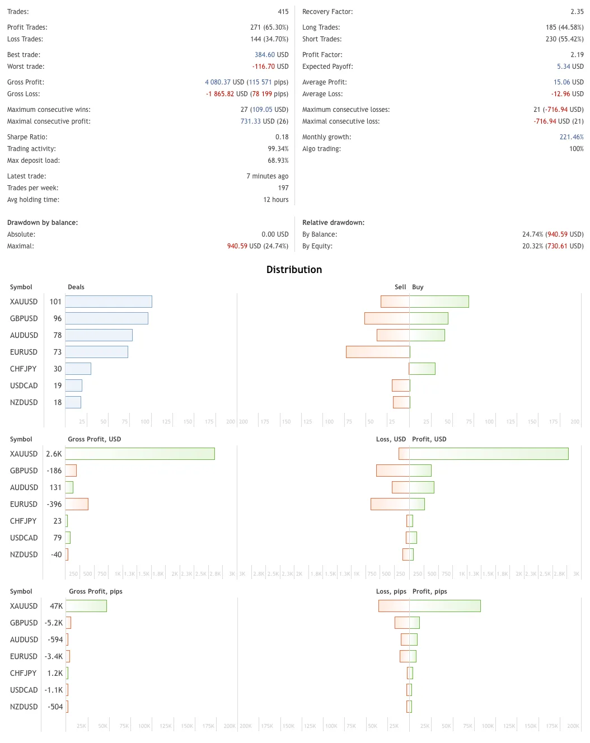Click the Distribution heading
[294, 270]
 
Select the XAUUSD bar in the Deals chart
[109, 302]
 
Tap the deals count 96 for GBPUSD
[58, 318]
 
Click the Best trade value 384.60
[265, 55]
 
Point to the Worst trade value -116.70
[264, 67]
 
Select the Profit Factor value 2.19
[577, 55]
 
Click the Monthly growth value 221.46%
[571, 137]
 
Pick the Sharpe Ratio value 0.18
[282, 137]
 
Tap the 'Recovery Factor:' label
[327, 12]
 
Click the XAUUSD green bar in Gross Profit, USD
[140, 454]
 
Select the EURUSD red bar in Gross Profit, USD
[77, 504]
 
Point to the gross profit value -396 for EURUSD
[54, 504]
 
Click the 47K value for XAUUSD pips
[56, 606]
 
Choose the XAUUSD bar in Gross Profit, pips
[86, 606]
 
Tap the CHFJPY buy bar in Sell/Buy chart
[422, 369]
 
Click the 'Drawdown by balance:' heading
[43, 223]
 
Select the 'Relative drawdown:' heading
[333, 223]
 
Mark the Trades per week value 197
[283, 188]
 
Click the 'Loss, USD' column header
[391, 439]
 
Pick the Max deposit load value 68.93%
[278, 161]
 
